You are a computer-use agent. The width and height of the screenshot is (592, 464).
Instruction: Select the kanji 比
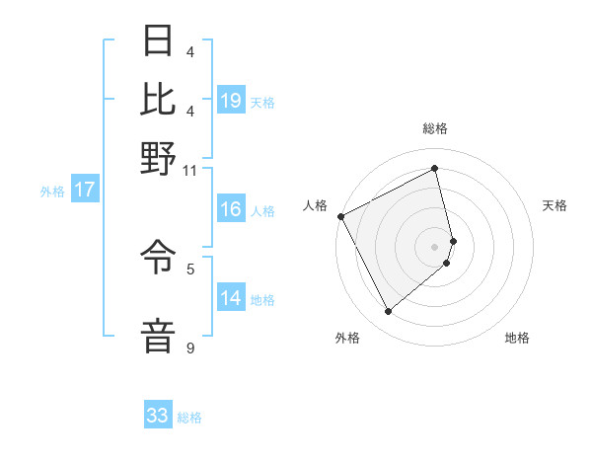[x=159, y=100]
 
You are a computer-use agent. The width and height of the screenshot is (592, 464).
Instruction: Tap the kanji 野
[x=159, y=157]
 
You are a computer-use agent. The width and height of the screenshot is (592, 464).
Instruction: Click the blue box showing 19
[x=231, y=101]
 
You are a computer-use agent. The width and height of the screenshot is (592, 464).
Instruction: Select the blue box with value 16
[x=231, y=209]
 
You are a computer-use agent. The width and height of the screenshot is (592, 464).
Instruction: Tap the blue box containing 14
[x=231, y=298]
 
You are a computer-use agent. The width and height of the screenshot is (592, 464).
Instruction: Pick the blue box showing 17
[x=84, y=191]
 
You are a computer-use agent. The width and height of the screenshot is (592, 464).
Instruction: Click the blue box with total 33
[x=158, y=416]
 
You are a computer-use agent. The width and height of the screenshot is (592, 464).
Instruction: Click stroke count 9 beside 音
[x=189, y=348]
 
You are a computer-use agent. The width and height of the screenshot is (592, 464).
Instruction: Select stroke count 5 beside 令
[x=190, y=268]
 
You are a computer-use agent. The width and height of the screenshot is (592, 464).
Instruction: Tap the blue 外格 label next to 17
[x=51, y=192]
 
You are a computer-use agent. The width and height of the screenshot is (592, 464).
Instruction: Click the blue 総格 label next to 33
[x=190, y=418]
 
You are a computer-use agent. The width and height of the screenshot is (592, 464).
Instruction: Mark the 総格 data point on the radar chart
[x=435, y=169]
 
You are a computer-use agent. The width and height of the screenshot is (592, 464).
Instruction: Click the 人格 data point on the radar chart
[x=340, y=216]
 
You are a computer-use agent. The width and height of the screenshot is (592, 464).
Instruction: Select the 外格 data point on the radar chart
[x=388, y=312]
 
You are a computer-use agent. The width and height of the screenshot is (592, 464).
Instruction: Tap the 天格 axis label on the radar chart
[x=555, y=205]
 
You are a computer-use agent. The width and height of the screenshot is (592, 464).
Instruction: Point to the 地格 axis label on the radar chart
[x=517, y=338]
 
